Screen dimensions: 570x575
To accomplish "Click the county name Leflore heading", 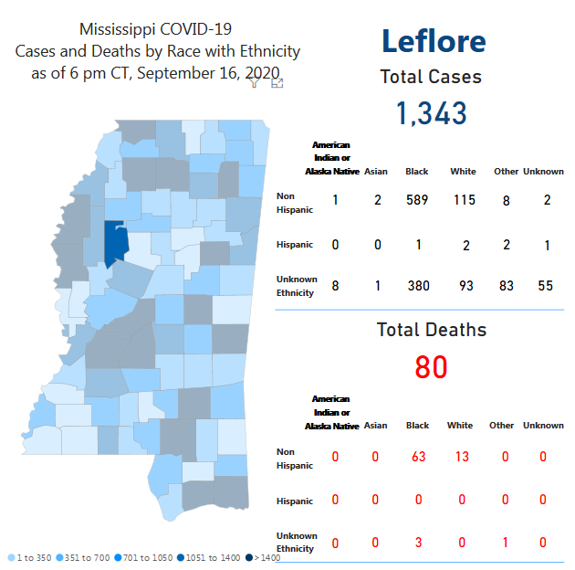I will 433,41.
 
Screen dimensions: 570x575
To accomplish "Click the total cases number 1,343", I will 431,112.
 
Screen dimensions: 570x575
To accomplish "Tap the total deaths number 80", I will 431,367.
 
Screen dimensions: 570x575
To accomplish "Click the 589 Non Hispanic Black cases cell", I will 417,200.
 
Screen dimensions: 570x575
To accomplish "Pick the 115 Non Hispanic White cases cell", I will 464,200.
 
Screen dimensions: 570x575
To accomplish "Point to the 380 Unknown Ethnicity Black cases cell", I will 417,286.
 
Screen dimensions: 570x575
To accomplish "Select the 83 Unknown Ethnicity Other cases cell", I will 506,286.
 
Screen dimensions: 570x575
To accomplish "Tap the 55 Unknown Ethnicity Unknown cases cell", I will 546,286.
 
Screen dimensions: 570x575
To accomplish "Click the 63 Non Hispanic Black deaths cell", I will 419,457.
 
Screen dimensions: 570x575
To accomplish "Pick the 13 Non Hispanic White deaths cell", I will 462,457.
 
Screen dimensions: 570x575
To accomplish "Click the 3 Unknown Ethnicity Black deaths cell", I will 419,543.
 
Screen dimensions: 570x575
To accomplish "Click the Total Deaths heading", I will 432,330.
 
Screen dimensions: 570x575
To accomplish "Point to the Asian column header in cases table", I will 375,172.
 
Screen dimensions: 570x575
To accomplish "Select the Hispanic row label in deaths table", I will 295,501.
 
